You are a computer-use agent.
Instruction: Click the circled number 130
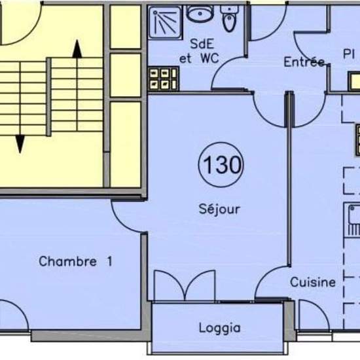(221, 164)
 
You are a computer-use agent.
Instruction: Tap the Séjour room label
(219, 209)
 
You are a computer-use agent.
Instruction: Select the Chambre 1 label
(75, 261)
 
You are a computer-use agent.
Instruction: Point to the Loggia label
(219, 328)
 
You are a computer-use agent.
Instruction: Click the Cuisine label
(312, 282)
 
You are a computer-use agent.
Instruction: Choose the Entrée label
(304, 62)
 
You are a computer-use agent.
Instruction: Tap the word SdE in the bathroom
(202, 44)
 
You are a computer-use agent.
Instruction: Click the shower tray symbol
(165, 22)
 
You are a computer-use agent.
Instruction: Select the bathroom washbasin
(200, 13)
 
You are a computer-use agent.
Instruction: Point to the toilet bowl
(229, 18)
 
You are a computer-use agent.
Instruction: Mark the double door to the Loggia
(185, 285)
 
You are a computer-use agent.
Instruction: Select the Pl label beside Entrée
(349, 54)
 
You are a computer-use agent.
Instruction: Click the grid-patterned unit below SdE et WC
(164, 79)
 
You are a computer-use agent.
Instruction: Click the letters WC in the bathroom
(209, 58)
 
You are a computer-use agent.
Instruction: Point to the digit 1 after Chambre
(110, 261)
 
